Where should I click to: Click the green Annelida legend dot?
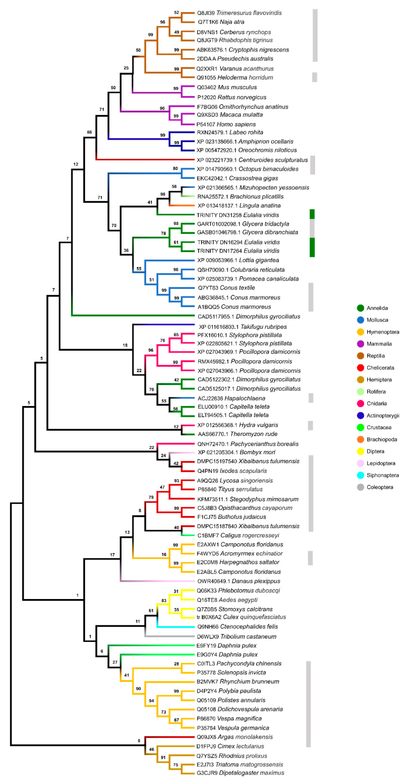tap(360, 308)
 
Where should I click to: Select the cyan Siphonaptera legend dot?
tap(360, 475)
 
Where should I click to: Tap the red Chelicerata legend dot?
tap(360, 368)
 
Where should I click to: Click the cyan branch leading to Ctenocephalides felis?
tap(176, 627)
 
